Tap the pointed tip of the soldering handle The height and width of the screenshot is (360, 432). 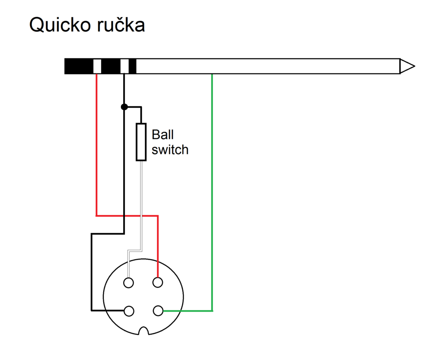(407, 66)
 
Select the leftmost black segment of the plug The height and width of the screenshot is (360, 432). (79, 66)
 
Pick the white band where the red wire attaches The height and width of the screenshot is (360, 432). (97, 66)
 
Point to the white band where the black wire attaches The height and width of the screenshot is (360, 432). (124, 66)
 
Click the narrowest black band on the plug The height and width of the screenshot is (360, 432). (133, 66)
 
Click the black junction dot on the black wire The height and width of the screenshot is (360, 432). (124, 107)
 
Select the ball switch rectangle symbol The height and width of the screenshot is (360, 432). (141, 142)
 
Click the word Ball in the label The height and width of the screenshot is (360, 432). (162, 134)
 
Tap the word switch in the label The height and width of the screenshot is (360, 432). (170, 150)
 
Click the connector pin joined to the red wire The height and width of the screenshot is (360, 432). (158, 283)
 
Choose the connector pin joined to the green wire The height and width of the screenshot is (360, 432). (158, 311)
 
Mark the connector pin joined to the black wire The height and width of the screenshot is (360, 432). (128, 311)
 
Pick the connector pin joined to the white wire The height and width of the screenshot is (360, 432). (128, 283)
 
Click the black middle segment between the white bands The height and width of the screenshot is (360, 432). (111, 66)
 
